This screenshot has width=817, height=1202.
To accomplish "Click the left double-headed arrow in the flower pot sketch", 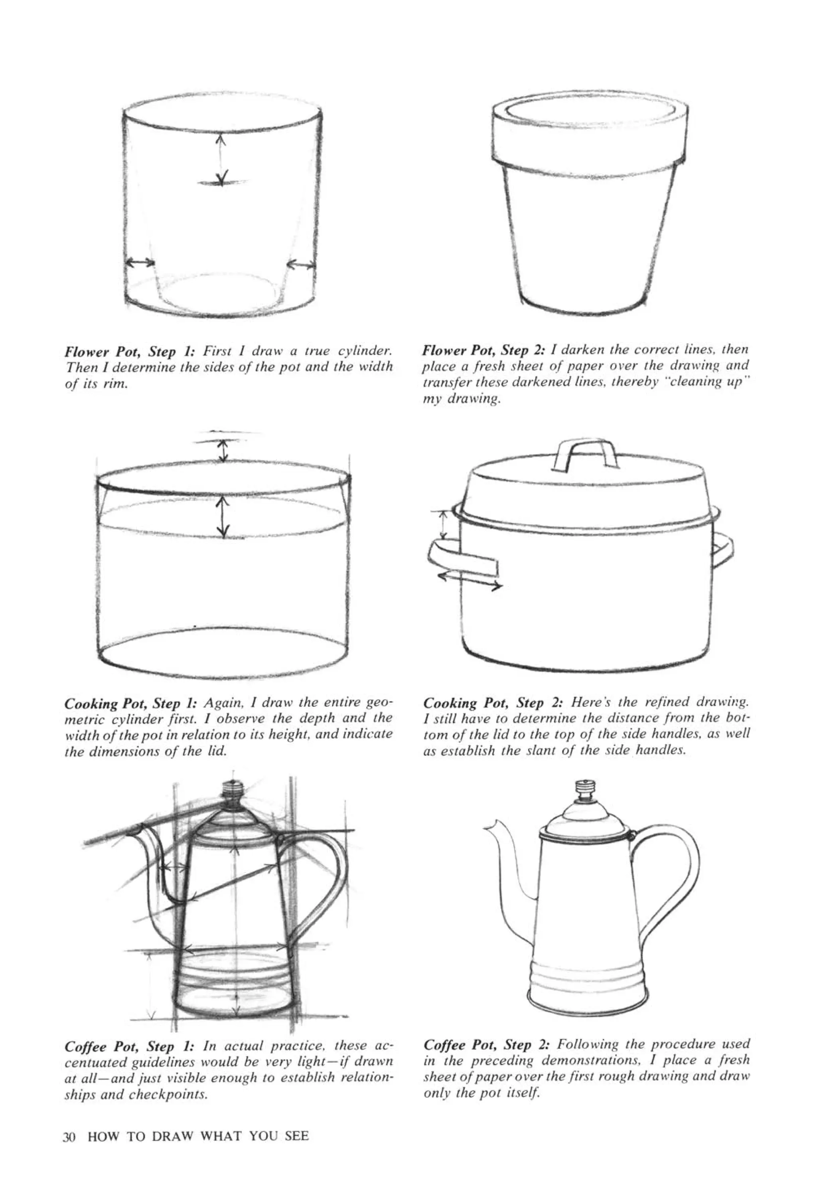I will point(141,263).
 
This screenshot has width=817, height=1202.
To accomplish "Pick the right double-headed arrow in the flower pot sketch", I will point(300,265).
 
